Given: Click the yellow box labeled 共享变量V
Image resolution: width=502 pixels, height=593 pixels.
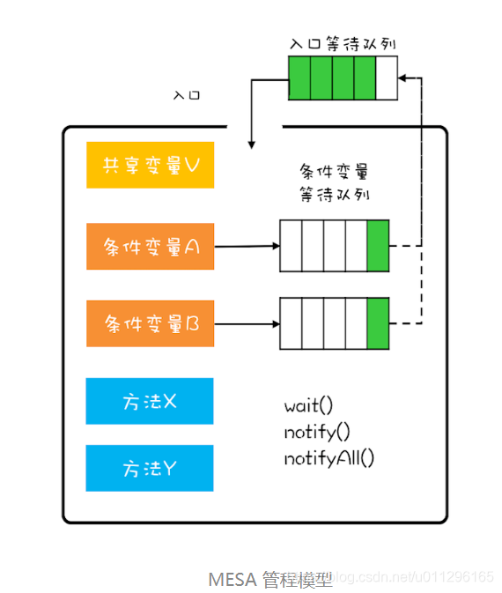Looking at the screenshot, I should click(x=150, y=165).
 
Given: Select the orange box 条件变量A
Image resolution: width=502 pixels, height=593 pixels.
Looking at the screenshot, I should click(x=150, y=247).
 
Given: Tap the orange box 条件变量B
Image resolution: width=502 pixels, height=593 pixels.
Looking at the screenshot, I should click(x=150, y=323).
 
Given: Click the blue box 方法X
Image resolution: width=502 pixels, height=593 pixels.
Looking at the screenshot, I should click(x=150, y=401).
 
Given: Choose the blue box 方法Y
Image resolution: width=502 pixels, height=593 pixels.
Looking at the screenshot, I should click(x=150, y=468).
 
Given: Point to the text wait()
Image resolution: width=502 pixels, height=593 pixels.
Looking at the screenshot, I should click(x=309, y=406).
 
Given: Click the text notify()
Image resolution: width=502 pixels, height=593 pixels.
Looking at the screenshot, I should click(x=317, y=432).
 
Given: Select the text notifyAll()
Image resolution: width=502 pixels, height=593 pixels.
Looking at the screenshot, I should click(x=329, y=458).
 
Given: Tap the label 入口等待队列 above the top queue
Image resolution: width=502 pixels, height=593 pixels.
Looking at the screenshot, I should click(x=342, y=43).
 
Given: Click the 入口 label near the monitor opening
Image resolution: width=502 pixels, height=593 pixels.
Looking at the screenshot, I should click(x=187, y=93).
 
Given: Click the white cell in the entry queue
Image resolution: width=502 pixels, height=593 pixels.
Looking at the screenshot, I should click(x=387, y=78).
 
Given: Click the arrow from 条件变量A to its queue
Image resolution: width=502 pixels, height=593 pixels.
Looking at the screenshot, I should click(x=246, y=247).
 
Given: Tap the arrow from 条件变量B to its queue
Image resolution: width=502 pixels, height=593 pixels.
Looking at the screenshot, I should click(x=246, y=323).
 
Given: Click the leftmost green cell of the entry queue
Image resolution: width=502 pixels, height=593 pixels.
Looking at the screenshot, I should click(x=299, y=78).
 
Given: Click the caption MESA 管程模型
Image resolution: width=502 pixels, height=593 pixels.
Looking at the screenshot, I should click(x=270, y=579).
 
